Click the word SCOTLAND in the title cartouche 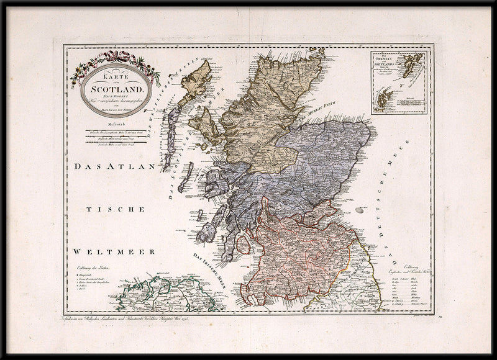116,88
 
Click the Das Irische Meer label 208,268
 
